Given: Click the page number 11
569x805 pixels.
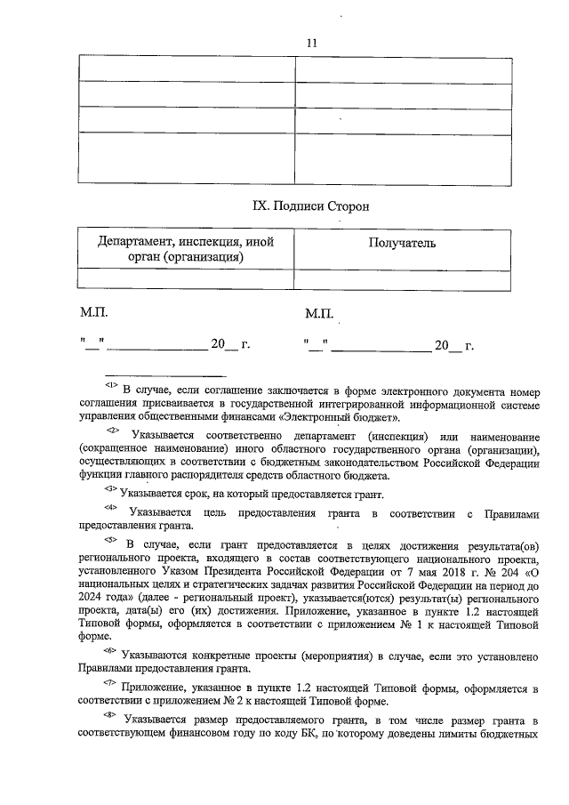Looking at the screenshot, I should click(311, 43).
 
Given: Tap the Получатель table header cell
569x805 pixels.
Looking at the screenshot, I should click(403, 243).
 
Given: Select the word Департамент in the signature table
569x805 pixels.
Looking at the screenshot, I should click(135, 241).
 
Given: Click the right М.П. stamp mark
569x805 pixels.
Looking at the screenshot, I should click(317, 313).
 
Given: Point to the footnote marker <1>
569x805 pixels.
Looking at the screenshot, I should click(111, 385).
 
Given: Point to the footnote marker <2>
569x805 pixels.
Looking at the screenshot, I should click(112, 431).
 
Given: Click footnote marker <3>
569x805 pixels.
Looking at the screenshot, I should click(110, 489).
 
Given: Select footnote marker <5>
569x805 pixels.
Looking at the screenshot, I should click(110, 539).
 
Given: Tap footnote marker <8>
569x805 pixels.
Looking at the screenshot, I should click(110, 714).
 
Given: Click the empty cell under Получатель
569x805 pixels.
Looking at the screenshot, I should click(403, 278).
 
